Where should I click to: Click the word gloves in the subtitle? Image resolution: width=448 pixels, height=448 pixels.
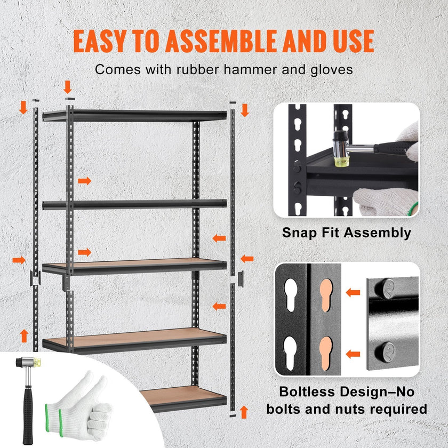(x=332, y=69)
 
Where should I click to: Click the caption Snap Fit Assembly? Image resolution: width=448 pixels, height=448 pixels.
(x=347, y=233)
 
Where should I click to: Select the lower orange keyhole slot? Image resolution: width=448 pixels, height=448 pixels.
(x=325, y=351)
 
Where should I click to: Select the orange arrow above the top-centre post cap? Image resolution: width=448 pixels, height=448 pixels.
(x=68, y=86)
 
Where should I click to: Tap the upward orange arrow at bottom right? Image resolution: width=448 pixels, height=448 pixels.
(x=244, y=411)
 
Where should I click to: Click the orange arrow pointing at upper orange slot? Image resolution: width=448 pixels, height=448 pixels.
(x=352, y=292)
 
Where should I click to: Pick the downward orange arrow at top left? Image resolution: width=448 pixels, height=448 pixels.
(x=23, y=107)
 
